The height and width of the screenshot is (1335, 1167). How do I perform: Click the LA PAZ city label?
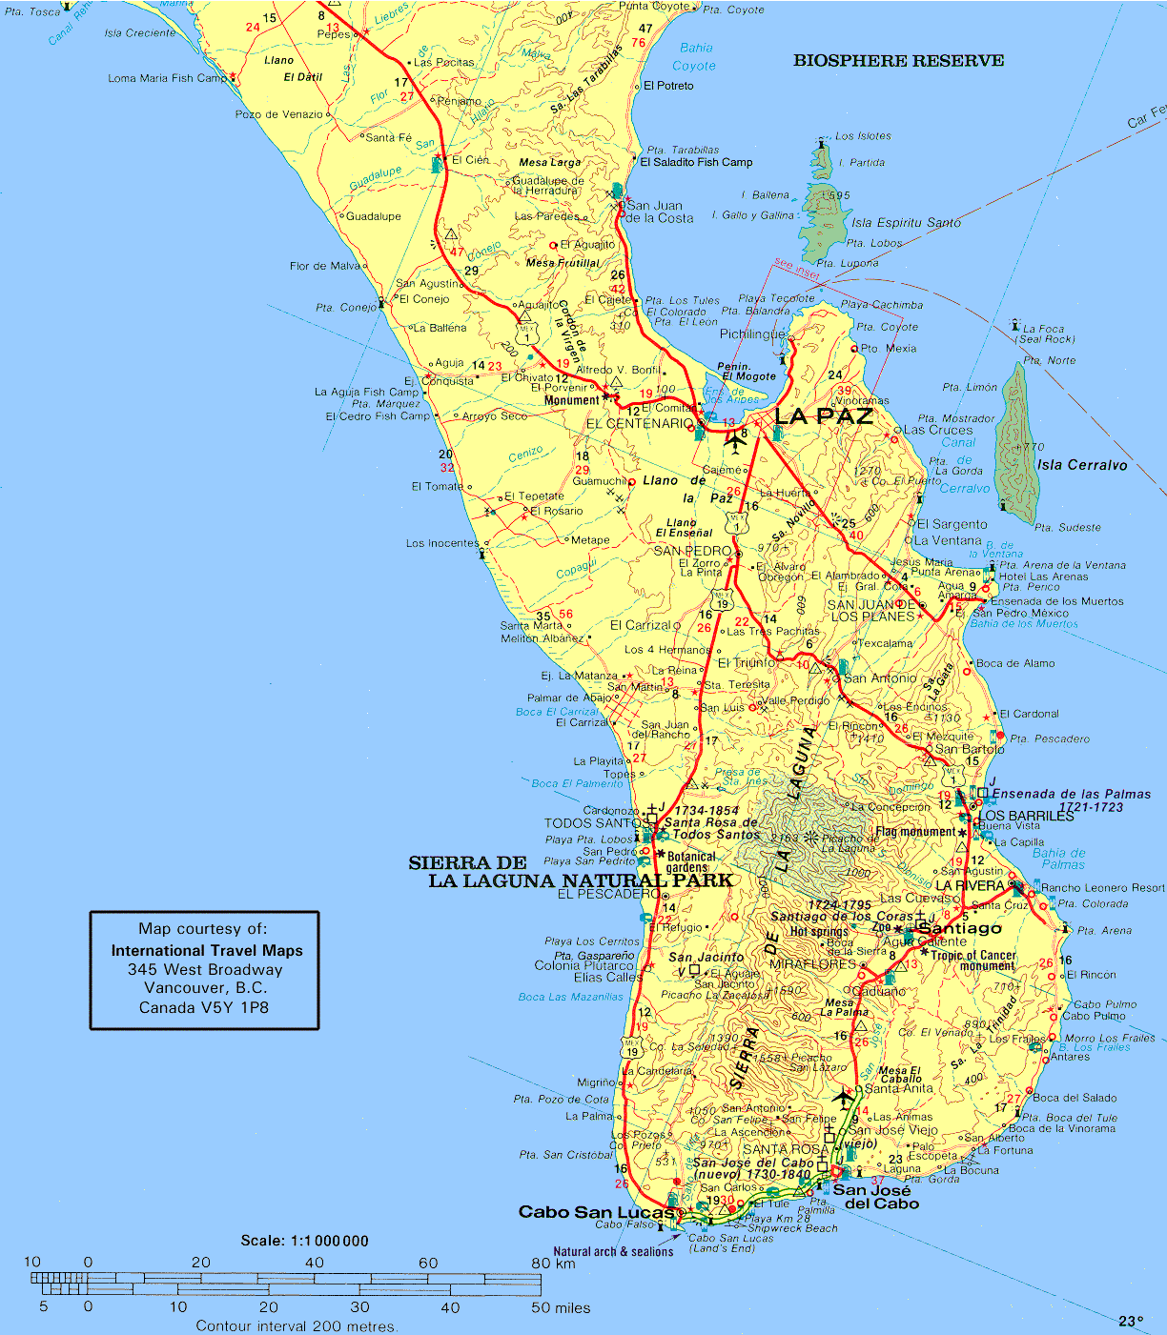[823, 416]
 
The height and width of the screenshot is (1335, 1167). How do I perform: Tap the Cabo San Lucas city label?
[597, 1212]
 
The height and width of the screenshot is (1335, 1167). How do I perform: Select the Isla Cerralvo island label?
[1082, 465]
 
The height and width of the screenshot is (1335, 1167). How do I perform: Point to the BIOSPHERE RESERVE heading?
[898, 61]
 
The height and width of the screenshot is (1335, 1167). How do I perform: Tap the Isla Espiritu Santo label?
[906, 222]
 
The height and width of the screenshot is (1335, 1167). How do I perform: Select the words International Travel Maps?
[207, 950]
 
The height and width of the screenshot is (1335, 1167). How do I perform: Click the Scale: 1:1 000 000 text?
[304, 1241]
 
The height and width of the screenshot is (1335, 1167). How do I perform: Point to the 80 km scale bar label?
[553, 1264]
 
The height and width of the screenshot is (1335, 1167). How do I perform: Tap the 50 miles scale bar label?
[561, 1307]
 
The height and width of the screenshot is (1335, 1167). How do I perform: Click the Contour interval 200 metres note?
[297, 1325]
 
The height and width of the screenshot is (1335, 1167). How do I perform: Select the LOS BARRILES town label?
[1027, 816]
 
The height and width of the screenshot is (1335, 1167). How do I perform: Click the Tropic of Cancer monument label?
[973, 960]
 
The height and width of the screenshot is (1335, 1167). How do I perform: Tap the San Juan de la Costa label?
[659, 212]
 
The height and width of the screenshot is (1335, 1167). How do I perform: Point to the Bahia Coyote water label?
[694, 57]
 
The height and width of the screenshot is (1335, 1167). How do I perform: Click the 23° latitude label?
[1131, 1321]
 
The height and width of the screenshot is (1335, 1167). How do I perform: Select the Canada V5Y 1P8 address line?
[204, 1007]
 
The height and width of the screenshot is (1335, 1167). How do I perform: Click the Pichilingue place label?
[752, 334]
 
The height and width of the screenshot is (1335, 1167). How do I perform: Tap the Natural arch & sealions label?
[613, 1251]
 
